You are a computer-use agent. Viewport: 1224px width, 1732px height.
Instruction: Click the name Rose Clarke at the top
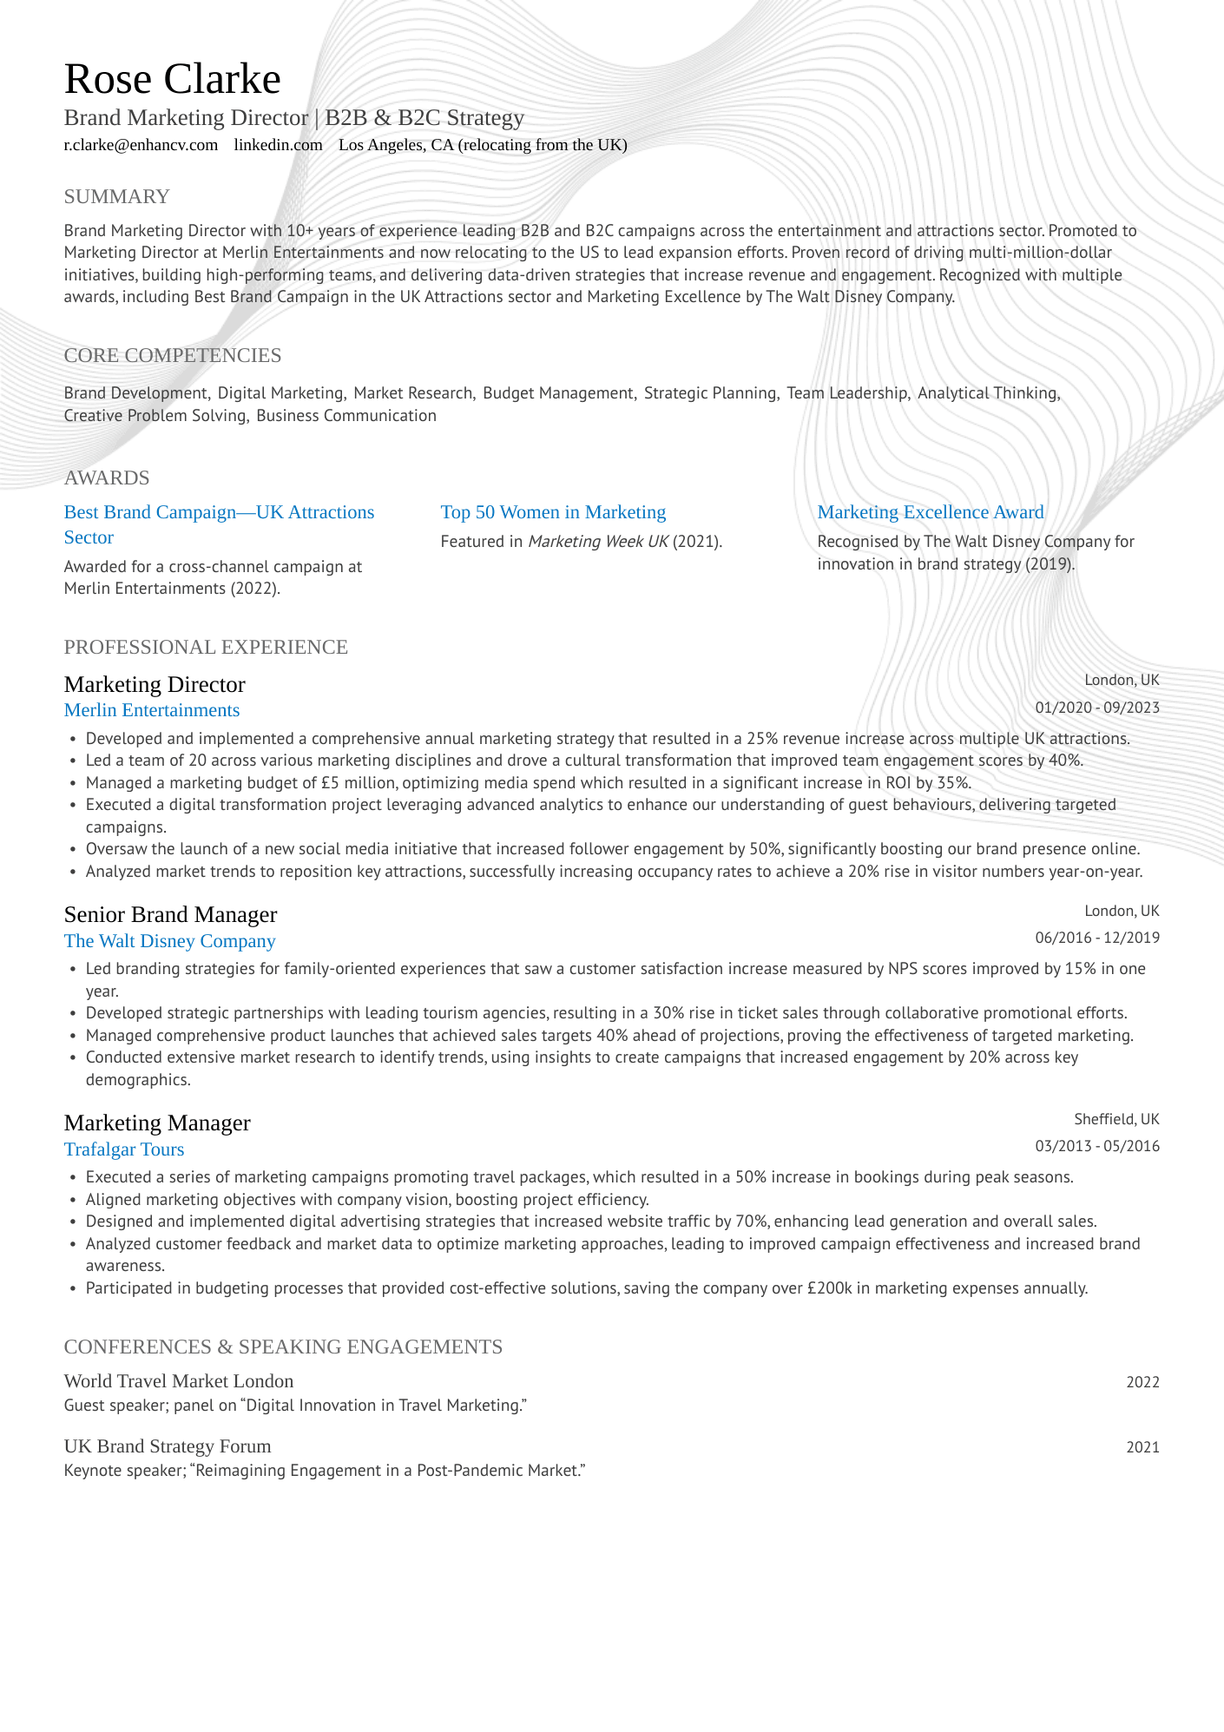172,80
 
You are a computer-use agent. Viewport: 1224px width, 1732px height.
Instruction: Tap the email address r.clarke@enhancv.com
141,145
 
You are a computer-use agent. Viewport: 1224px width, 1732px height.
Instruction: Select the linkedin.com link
278,145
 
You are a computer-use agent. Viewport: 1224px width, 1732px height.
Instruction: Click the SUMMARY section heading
116,197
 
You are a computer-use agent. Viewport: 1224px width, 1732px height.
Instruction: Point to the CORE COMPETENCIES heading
172,355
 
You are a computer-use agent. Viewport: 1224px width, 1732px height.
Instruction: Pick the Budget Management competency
558,393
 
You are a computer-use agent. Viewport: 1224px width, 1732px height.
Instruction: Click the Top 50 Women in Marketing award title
553,512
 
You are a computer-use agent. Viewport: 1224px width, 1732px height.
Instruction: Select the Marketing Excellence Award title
930,512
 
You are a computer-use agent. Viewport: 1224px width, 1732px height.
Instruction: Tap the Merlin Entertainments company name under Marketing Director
152,710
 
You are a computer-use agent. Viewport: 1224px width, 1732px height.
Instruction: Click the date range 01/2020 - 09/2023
1096,708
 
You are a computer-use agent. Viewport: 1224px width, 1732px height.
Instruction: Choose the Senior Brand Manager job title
170,914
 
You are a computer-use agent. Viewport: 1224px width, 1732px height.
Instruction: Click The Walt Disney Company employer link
169,941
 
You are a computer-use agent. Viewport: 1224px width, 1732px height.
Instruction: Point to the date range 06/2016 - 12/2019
1096,938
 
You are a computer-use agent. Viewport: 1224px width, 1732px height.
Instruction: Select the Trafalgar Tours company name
124,1149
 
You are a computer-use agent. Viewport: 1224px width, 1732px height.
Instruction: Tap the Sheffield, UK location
1115,1119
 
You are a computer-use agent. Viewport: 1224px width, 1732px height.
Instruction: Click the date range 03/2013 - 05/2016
1096,1146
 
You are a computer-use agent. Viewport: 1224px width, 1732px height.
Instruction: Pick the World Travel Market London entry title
179,1380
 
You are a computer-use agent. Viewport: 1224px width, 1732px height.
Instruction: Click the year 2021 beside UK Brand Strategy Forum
1142,1447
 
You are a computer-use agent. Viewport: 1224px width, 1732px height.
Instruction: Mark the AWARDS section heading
107,478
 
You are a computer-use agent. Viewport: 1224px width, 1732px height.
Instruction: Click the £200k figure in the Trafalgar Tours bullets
829,1288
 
